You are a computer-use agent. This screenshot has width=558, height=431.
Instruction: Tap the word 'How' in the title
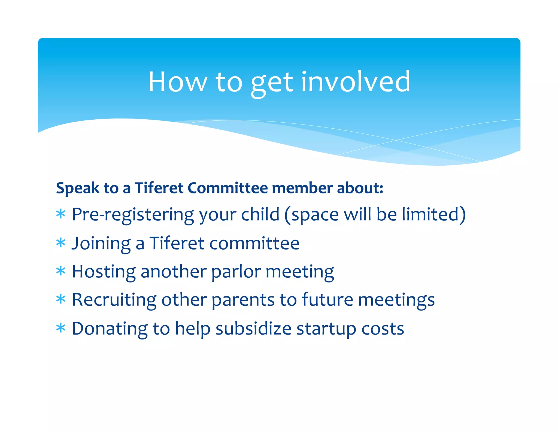tap(178, 82)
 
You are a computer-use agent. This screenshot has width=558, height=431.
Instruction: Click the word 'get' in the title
tap(272, 83)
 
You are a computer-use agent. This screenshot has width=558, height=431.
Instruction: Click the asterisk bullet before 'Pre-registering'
tap(61, 214)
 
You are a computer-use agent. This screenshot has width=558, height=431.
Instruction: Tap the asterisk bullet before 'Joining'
tap(61, 243)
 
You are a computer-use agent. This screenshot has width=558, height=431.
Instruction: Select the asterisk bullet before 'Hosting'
tap(61, 271)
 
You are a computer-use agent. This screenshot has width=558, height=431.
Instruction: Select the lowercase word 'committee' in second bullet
tap(254, 243)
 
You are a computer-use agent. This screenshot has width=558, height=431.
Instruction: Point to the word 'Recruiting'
tap(114, 300)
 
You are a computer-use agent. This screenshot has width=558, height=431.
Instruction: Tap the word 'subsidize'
tap(253, 329)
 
